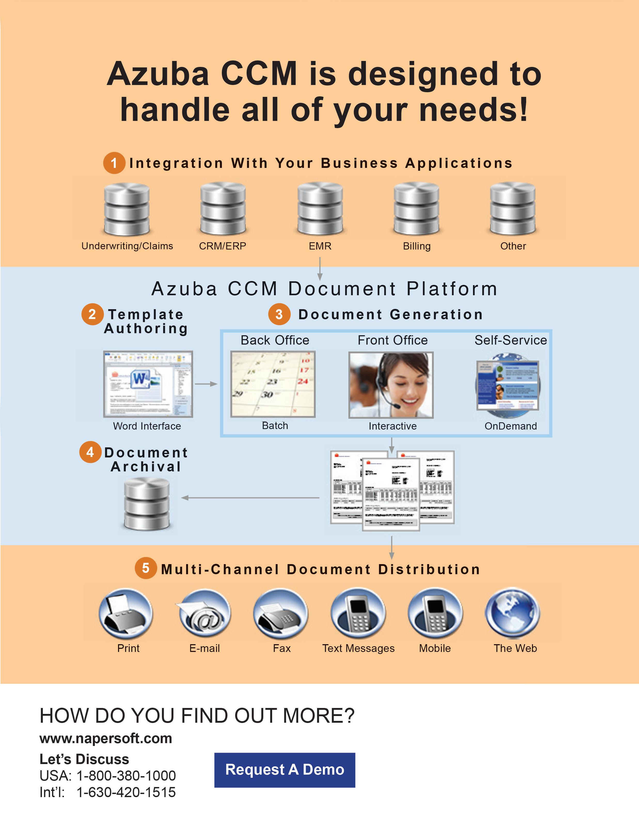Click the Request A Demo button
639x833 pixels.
[285, 770]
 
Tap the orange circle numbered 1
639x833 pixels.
[114, 163]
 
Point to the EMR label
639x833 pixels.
[320, 246]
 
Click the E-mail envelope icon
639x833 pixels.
[205, 613]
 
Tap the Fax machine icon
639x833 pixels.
[281, 613]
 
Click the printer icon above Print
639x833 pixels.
[126, 613]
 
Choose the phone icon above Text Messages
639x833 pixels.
[358, 613]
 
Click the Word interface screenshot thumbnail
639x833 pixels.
[148, 384]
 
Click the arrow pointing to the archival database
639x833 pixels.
[185, 498]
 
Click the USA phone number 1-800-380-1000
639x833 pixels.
[126, 776]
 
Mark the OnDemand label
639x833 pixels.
[510, 426]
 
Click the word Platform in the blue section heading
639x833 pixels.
[452, 289]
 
